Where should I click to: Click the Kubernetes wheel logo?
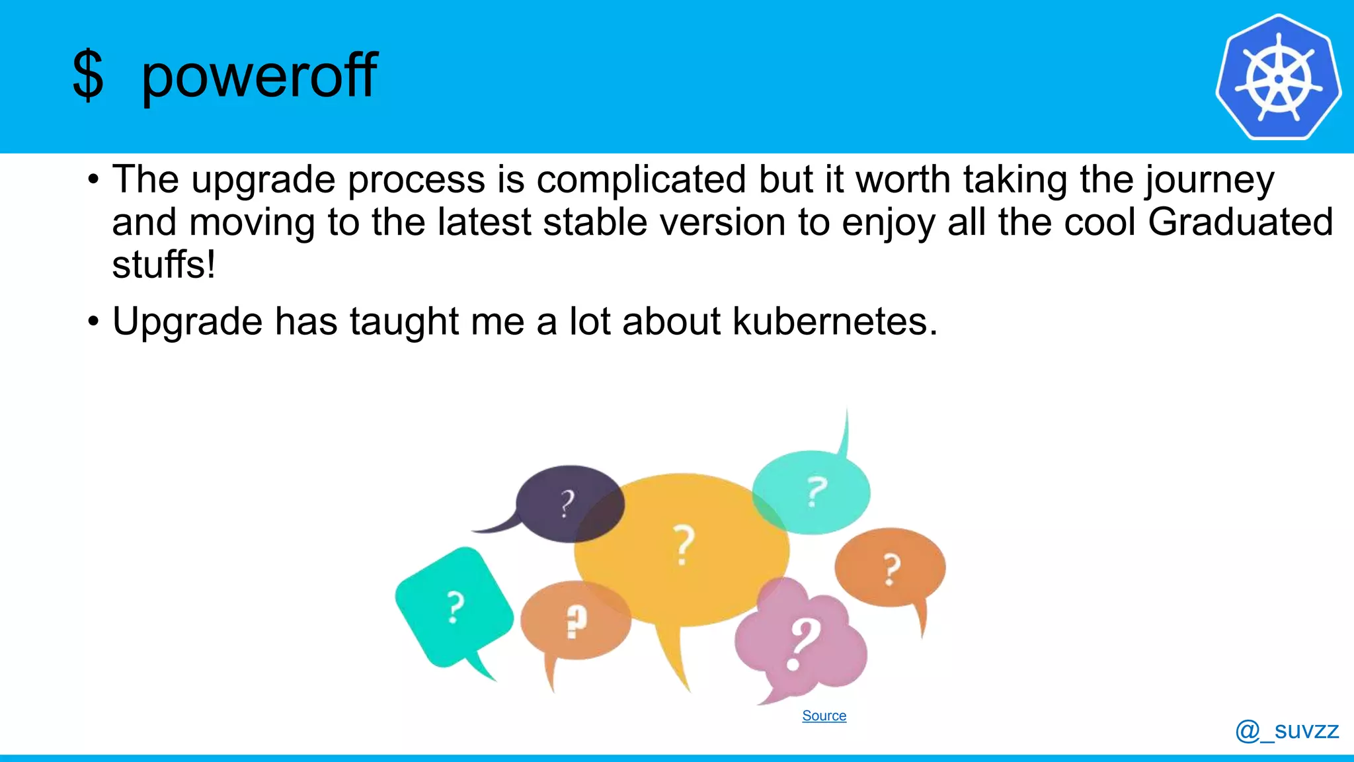1278,77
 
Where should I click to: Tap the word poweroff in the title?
259,76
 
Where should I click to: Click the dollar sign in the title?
88,76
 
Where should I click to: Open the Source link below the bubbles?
824,716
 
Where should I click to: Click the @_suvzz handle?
1287,730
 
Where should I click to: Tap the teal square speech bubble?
454,606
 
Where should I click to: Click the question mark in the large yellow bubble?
684,544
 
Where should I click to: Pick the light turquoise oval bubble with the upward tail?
812,492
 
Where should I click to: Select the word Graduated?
1240,222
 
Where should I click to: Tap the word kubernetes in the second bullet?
834,322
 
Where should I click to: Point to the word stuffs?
163,265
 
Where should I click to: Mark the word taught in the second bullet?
404,322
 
